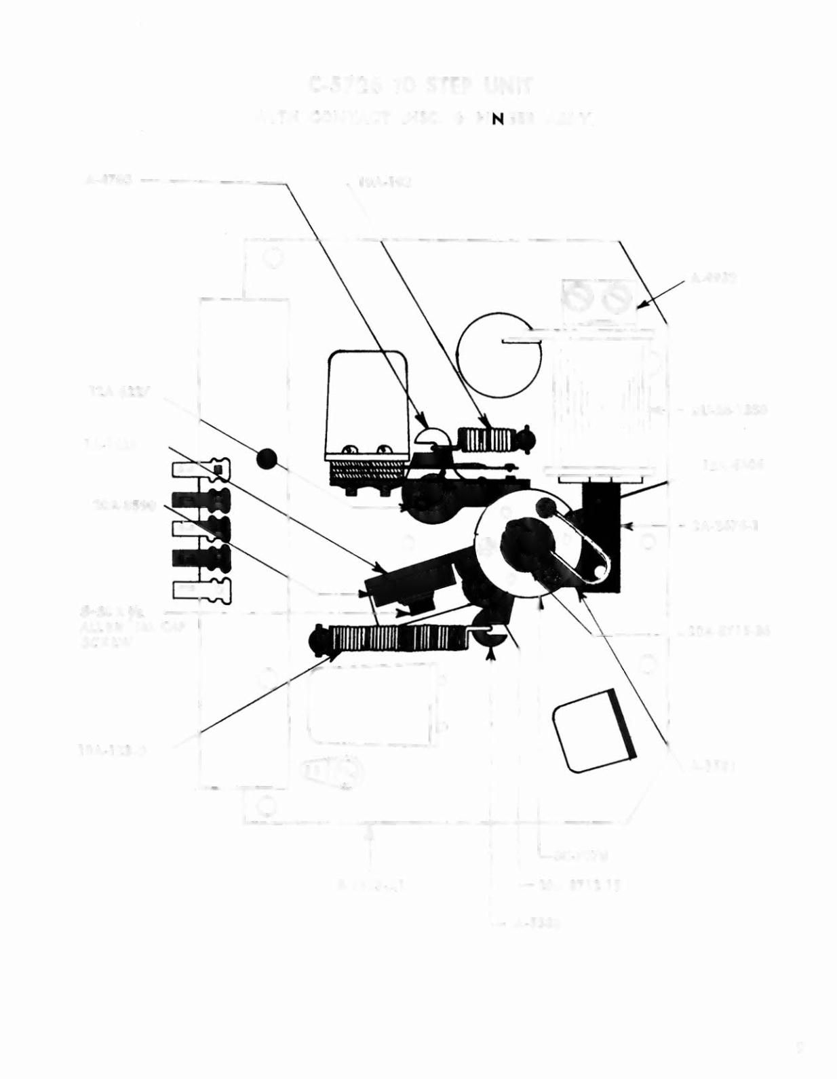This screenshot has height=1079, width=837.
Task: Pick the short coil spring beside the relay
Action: coord(486,439)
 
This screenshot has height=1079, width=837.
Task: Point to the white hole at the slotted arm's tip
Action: coord(596,572)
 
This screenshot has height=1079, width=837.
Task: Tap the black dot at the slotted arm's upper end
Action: coord(547,506)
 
